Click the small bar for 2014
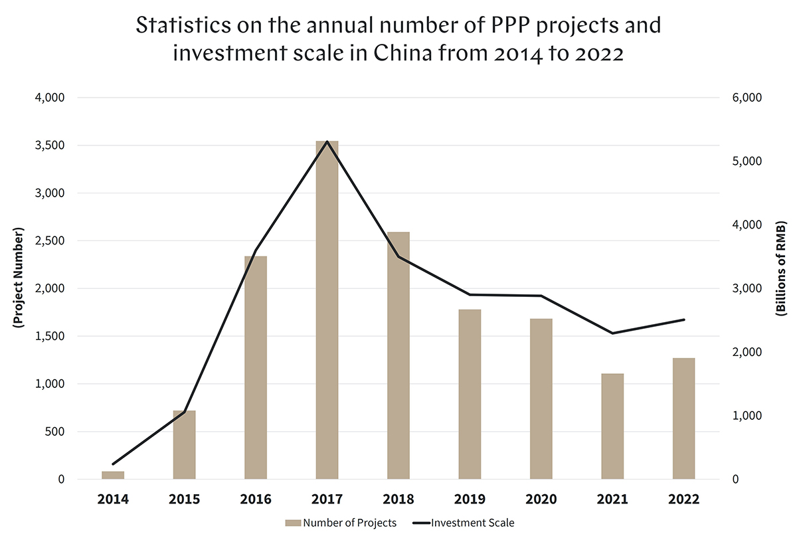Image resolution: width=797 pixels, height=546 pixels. point(113,475)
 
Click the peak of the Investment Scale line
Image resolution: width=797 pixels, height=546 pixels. point(327,141)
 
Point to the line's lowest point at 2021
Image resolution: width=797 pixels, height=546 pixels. point(612,333)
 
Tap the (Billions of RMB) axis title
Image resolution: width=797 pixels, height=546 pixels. point(782,278)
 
